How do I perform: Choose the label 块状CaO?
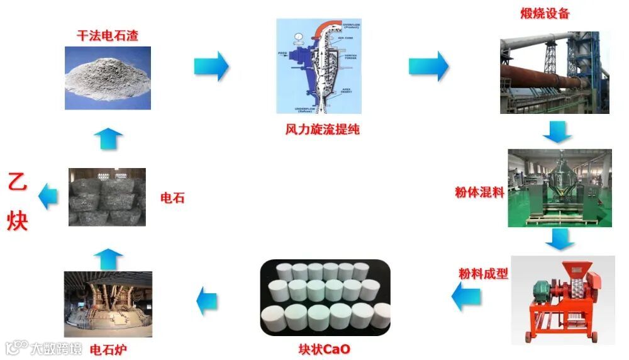pos(325,348)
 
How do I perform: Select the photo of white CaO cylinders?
pos(325,297)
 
